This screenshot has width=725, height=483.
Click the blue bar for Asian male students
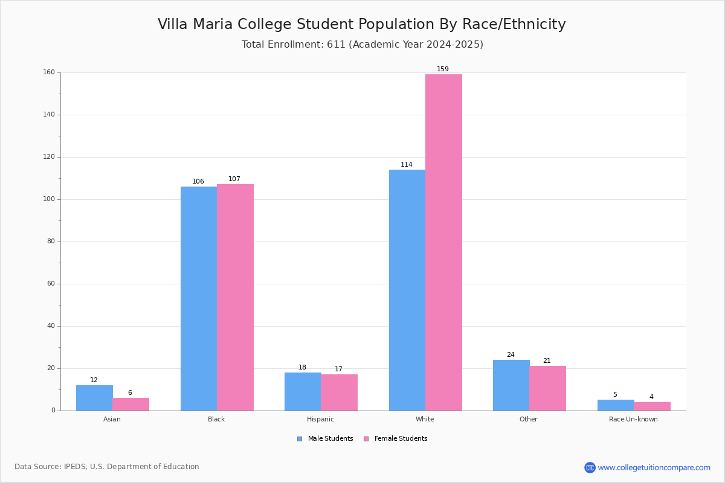click(94, 398)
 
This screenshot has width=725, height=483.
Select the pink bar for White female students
click(443, 243)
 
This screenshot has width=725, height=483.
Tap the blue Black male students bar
click(199, 299)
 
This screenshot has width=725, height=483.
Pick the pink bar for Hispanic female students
click(339, 392)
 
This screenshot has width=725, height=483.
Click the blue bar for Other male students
click(511, 385)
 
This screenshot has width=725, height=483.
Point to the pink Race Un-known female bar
click(652, 406)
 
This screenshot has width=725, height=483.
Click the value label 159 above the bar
click(443, 69)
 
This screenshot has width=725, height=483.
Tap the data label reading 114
click(407, 164)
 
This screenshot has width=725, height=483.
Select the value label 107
click(234, 179)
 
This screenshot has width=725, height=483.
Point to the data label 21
click(547, 360)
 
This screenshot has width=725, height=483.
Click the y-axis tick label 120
click(49, 157)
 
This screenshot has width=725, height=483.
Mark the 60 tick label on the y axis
click(51, 283)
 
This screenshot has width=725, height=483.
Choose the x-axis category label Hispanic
click(320, 419)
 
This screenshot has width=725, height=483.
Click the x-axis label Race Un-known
click(633, 419)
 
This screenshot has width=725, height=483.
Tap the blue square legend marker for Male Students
click(300, 439)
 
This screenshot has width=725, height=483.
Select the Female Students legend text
click(401, 438)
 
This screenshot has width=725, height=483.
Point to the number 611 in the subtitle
click(336, 44)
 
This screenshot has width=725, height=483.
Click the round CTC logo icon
click(590, 467)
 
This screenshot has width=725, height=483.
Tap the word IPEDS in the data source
click(75, 467)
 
